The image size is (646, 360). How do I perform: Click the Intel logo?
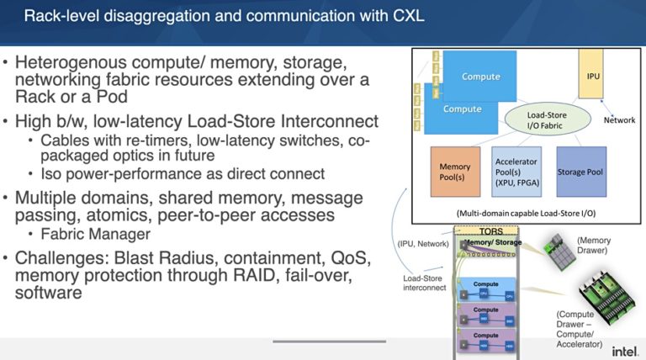click(623, 350)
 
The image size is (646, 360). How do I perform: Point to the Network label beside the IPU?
click(619, 120)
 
